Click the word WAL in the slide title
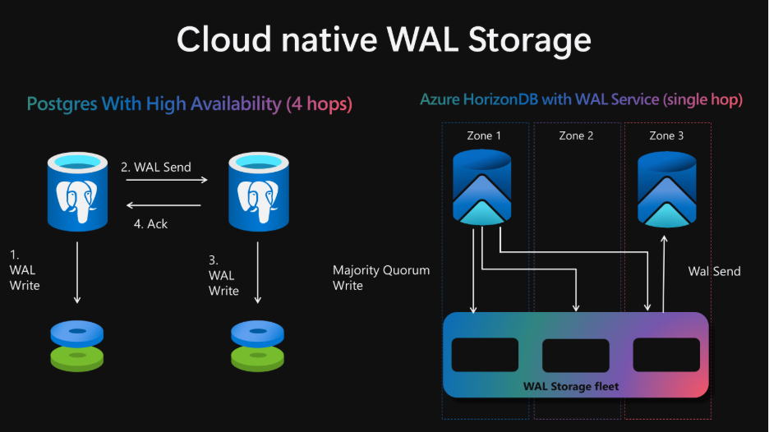(x=422, y=39)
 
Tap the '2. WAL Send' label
(x=156, y=168)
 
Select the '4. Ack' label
(x=150, y=224)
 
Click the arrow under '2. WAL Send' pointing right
(x=167, y=180)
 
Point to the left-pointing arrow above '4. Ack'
(x=163, y=205)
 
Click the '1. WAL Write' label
(x=25, y=270)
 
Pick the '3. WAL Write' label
(x=223, y=276)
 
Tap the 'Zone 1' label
(x=484, y=136)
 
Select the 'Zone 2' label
(x=576, y=136)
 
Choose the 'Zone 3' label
(x=666, y=136)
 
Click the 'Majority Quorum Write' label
(x=381, y=278)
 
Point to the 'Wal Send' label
(x=714, y=271)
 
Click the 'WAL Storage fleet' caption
(x=571, y=386)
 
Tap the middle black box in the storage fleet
(x=576, y=355)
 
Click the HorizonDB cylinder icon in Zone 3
(x=666, y=190)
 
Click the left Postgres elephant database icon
(x=77, y=191)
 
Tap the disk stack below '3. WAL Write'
(x=257, y=346)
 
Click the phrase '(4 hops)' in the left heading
(x=320, y=104)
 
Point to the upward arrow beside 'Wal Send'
(x=664, y=273)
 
